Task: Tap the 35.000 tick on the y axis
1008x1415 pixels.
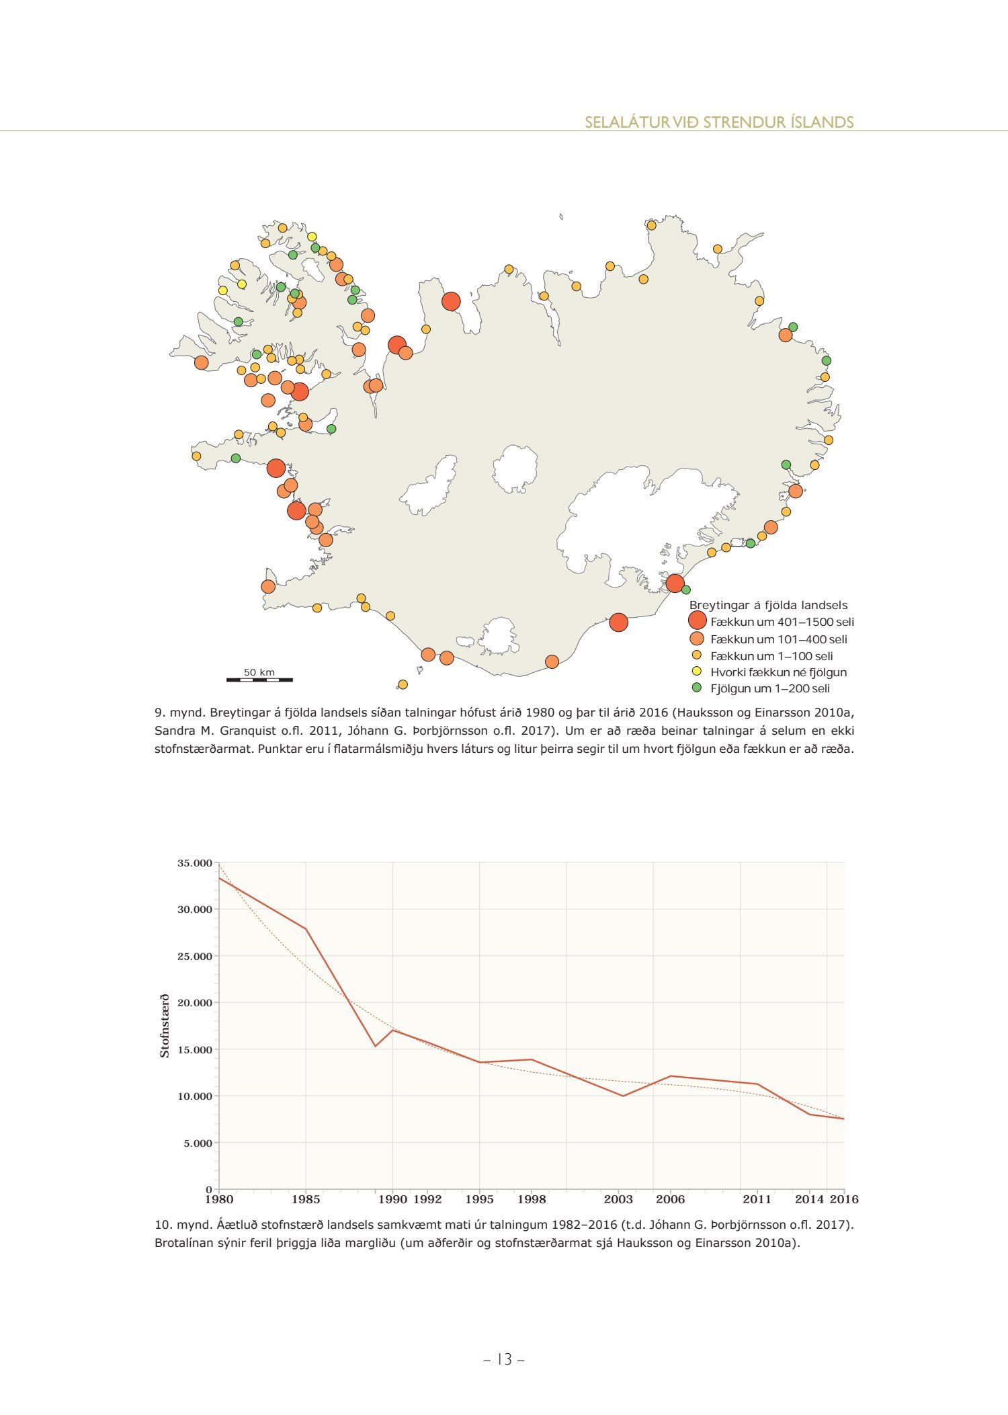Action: (x=194, y=863)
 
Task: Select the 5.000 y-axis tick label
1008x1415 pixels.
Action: (x=198, y=1143)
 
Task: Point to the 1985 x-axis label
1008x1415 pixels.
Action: (x=306, y=1199)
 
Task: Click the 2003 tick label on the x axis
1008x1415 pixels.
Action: (x=618, y=1199)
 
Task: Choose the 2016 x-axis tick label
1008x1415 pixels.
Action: (x=844, y=1199)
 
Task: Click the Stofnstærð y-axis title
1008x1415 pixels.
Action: (x=165, y=1026)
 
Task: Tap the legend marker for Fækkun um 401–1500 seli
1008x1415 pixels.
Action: (x=698, y=620)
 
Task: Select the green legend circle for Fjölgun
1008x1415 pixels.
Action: (x=697, y=688)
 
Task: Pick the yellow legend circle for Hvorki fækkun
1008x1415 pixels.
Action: (x=697, y=672)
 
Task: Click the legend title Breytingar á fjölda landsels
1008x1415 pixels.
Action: (x=768, y=605)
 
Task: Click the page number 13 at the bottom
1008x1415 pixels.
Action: (x=504, y=1359)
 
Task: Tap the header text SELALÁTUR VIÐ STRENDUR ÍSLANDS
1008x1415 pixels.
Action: (x=719, y=122)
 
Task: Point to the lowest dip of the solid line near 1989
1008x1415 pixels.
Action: (x=376, y=1046)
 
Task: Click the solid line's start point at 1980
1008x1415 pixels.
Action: (x=219, y=877)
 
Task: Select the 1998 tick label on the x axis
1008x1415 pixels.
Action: (x=532, y=1199)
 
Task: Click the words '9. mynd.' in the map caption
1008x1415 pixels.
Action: (x=179, y=712)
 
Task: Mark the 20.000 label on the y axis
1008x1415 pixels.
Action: (x=194, y=1003)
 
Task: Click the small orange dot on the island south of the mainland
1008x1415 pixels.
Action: (x=403, y=684)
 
